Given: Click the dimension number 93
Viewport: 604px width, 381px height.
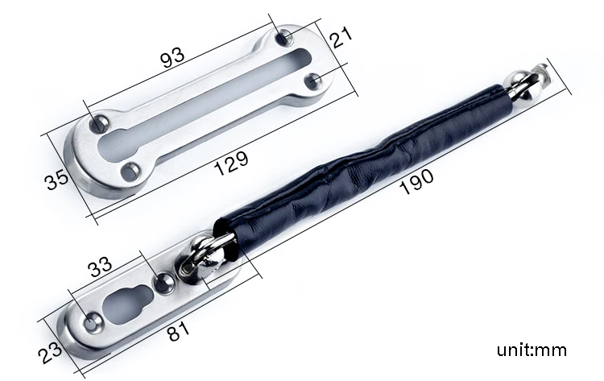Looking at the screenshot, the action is pos(172,58).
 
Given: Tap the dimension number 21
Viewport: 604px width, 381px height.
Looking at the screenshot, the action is pos(341,36).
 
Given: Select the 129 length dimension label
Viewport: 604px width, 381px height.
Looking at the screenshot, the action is pos(231,163).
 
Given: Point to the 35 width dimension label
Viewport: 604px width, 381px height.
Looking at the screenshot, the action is pos(57,179).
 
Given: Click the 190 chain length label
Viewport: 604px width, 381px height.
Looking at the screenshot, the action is pos(417,180).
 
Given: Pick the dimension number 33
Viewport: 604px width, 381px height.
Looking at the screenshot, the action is pos(100,267).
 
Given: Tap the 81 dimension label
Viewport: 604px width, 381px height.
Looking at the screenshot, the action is pos(179,331).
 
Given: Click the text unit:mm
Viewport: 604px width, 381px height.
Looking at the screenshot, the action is pos(532,350).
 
